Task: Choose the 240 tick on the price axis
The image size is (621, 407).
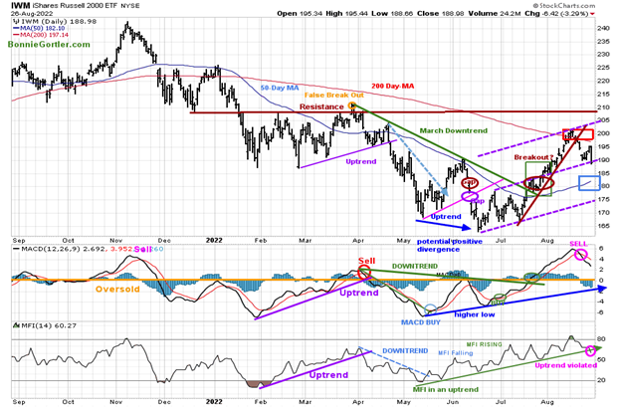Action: (602, 28)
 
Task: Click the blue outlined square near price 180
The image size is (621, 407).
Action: (589, 182)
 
